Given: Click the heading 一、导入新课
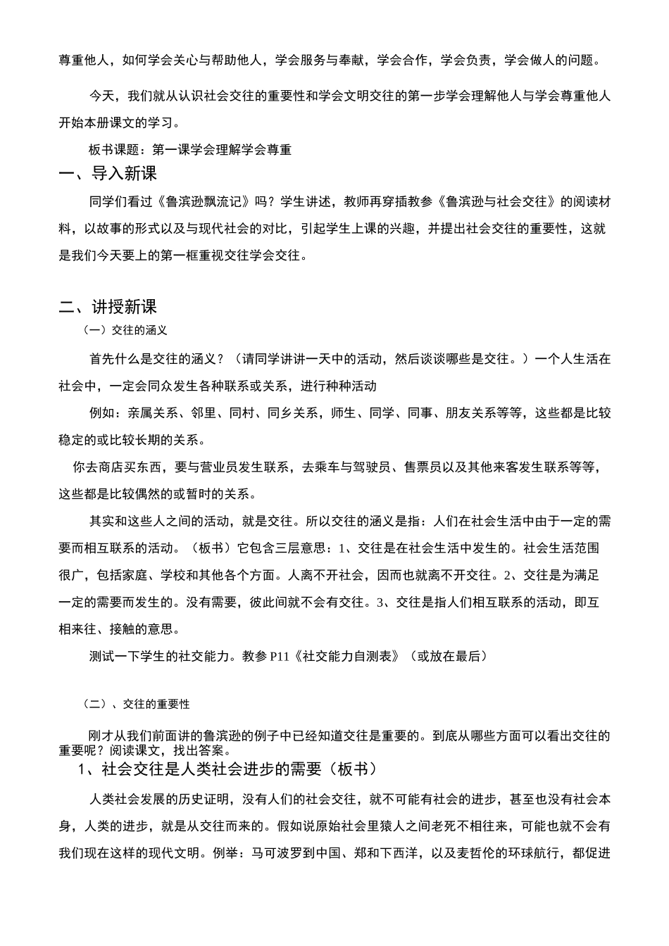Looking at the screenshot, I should (108, 174).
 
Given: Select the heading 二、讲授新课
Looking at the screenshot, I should (108, 307).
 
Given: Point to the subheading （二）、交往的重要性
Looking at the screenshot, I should (136, 704).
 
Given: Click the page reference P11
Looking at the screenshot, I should (280, 657).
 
